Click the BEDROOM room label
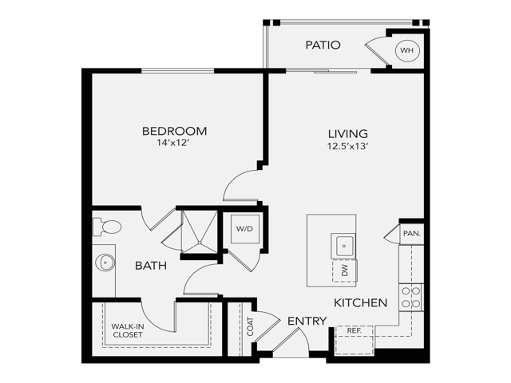174,131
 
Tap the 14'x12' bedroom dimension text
174,144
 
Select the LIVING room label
347,133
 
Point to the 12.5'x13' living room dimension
347,147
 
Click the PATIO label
323,45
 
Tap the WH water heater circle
407,50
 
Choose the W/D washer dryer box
243,228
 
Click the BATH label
150,266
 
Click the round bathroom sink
104,262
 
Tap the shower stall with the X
196,231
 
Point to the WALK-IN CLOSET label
127,330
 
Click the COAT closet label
250,327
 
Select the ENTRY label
307,321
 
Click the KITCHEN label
360,303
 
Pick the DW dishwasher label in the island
345,271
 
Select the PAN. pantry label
411,234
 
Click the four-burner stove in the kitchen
411,298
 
